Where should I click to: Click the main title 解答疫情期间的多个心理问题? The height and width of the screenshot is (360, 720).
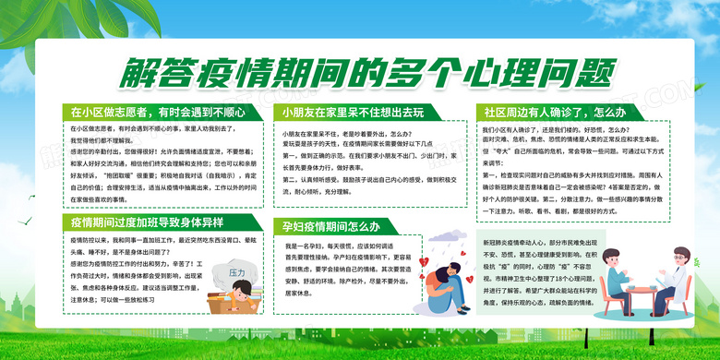(360, 71)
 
